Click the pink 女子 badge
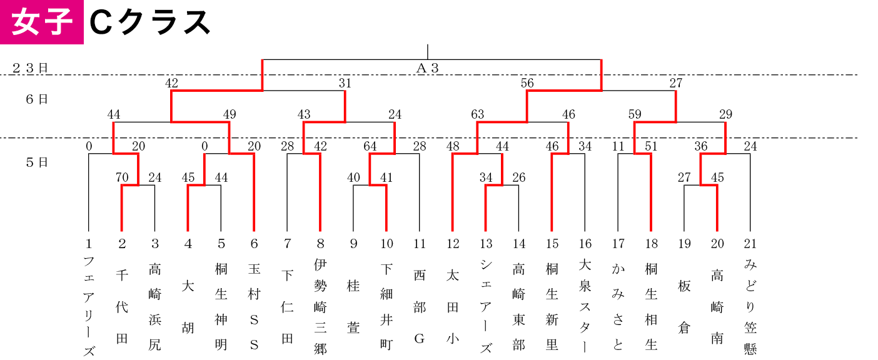pyautogui.click(x=41, y=22)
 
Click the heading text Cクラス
pyautogui.click(x=150, y=22)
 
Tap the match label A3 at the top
pyautogui.click(x=427, y=68)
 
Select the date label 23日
pyautogui.click(x=30, y=68)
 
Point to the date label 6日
pyautogui.click(x=37, y=99)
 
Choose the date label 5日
pyautogui.click(x=37, y=162)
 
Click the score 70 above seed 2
pyautogui.click(x=122, y=177)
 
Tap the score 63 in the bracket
pyautogui.click(x=477, y=114)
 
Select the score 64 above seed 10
pyautogui.click(x=370, y=146)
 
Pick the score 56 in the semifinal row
pyautogui.click(x=527, y=83)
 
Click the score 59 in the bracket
pyautogui.click(x=635, y=114)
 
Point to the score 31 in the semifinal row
pyautogui.click(x=345, y=83)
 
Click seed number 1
pyautogui.click(x=89, y=244)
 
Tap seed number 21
pyautogui.click(x=750, y=244)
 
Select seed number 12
pyautogui.click(x=453, y=244)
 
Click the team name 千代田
pyautogui.click(x=122, y=307)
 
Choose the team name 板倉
pyautogui.click(x=684, y=307)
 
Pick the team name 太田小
pyautogui.click(x=453, y=307)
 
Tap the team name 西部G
pyautogui.click(x=420, y=307)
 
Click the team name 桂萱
pyautogui.click(x=353, y=307)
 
